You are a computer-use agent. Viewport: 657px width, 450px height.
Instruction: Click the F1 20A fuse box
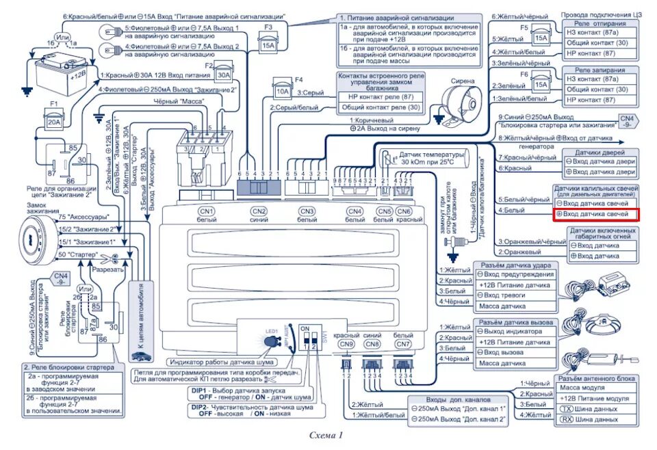click(54, 123)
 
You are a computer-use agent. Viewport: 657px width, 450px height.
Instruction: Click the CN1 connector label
click(206, 211)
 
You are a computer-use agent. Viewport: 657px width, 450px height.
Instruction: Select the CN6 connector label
click(404, 211)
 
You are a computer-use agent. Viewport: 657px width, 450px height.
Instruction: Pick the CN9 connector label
click(346, 345)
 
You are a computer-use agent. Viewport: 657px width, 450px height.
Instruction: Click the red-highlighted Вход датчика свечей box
click(595, 215)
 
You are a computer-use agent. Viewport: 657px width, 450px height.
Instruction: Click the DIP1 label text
click(198, 390)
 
